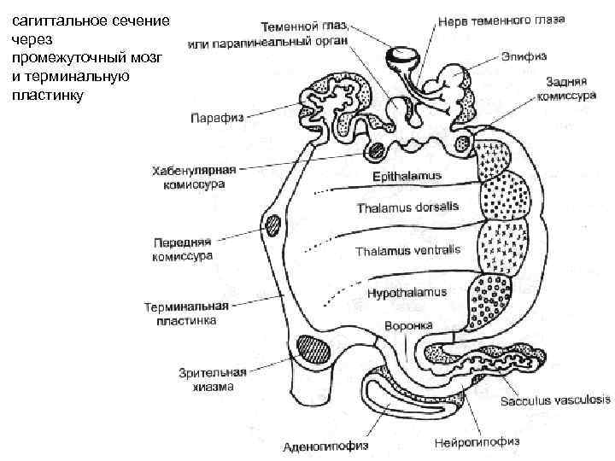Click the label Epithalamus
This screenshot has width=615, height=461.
click(403, 177)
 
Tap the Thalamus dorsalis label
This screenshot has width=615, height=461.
click(407, 207)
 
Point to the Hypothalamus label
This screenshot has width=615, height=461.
click(407, 293)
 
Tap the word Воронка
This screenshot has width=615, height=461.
click(409, 325)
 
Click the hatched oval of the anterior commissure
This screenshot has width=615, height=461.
click(273, 226)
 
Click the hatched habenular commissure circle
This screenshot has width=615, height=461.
click(376, 152)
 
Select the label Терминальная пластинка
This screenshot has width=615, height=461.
click(185, 313)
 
